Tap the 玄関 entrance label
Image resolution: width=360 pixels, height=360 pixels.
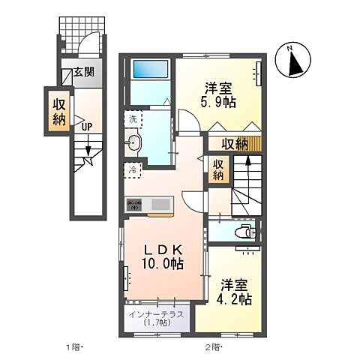(83, 73)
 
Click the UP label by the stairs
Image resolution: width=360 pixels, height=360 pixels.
(87, 126)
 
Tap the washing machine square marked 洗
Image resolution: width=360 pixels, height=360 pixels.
(133, 119)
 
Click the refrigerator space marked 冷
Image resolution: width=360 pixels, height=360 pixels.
(132, 169)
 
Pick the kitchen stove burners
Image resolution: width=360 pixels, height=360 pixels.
(135, 202)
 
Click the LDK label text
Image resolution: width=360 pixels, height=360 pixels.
(160, 249)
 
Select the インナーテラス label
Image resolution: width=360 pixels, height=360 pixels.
(157, 313)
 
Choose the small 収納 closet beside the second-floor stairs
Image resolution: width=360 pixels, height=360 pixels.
(217, 170)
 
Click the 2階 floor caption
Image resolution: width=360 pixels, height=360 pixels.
(213, 347)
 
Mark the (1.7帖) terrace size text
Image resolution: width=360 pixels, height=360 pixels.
(157, 323)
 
